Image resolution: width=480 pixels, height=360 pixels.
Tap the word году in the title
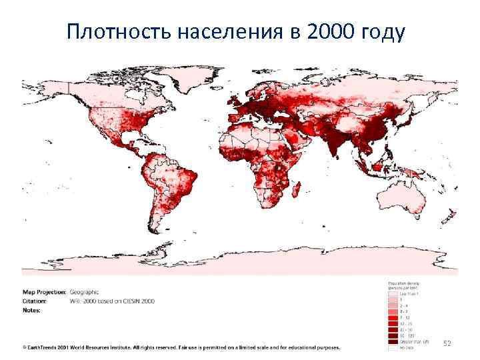click(x=383, y=31)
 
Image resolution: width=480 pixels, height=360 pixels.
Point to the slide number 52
click(x=447, y=343)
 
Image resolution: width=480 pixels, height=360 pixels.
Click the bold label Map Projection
click(x=44, y=291)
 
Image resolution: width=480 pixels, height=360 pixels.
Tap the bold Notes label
click(x=31, y=310)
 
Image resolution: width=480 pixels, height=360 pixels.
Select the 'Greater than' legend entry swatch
click(x=392, y=341)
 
